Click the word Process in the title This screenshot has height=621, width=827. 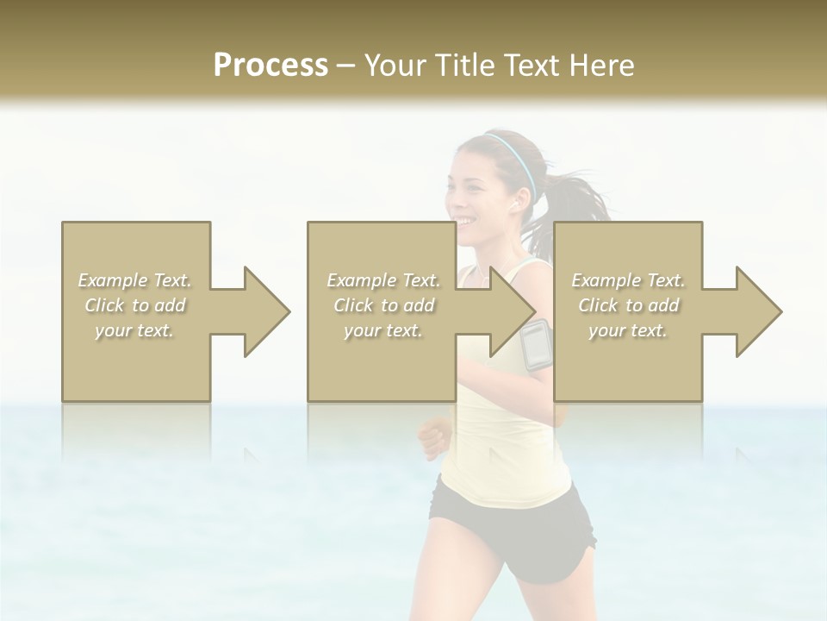pos(270,66)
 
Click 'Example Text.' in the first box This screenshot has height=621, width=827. pos(135,280)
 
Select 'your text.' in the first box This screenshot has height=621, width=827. pos(135,330)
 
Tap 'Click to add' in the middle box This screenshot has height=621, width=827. pos(384,305)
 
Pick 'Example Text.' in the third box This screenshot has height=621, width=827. pos(629,280)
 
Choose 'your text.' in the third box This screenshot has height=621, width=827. pos(629,330)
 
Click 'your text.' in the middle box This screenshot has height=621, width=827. pos(384,330)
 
